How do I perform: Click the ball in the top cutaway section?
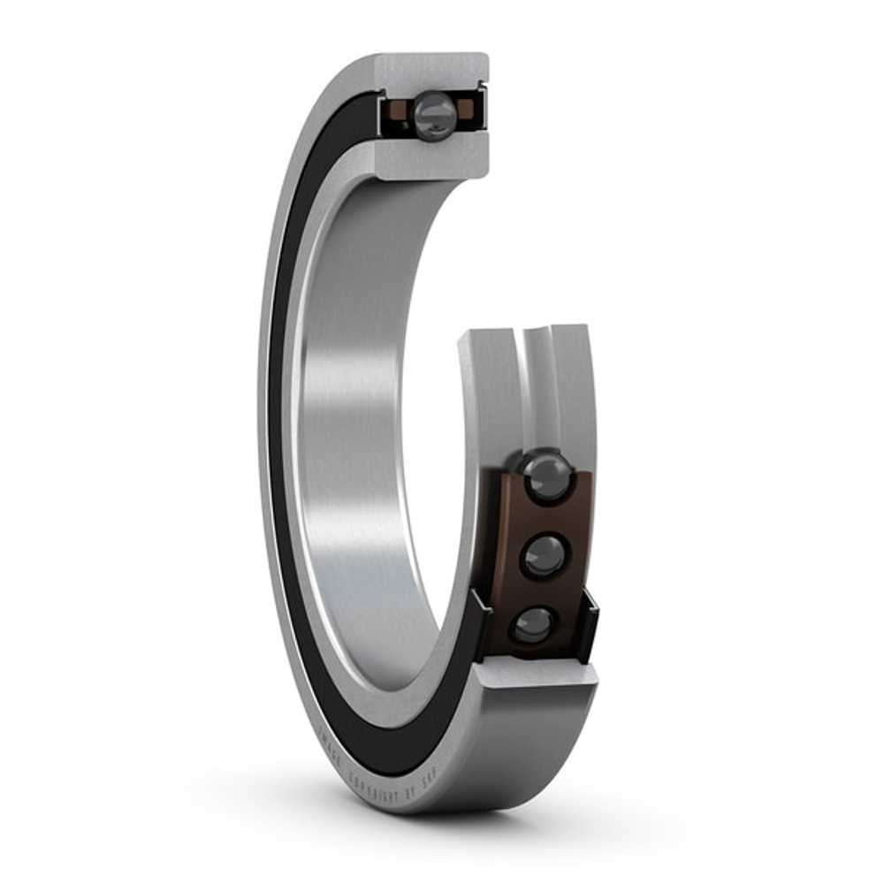(x=434, y=115)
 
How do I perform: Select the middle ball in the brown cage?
(x=545, y=555)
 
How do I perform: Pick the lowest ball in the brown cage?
(x=534, y=625)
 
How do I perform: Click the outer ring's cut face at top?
(x=433, y=71)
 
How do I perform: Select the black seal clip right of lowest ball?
(x=587, y=628)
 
